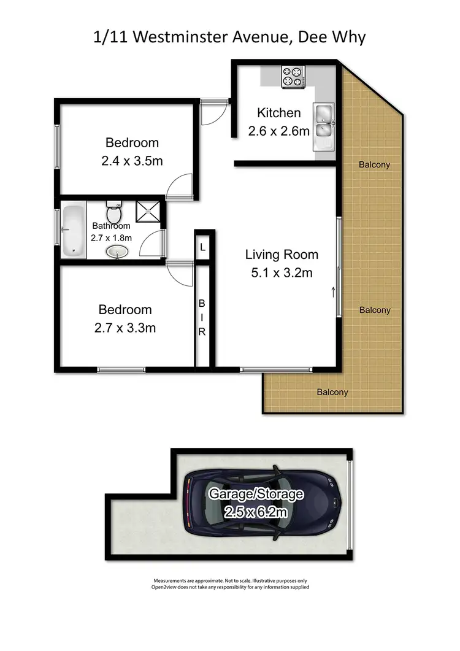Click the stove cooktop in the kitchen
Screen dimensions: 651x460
click(x=292, y=77)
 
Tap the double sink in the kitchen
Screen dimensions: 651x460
click(x=323, y=121)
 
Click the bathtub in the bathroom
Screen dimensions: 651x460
click(x=72, y=230)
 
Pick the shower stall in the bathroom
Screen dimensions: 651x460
click(x=147, y=211)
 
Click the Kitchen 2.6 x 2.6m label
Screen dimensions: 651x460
click(x=278, y=121)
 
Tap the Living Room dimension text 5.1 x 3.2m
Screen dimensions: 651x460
click(x=282, y=272)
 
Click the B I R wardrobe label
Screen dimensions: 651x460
click(x=202, y=317)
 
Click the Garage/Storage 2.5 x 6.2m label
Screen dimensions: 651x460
click(x=256, y=503)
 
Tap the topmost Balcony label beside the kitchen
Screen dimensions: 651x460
click(x=374, y=164)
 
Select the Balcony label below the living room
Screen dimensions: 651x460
click(x=332, y=392)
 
